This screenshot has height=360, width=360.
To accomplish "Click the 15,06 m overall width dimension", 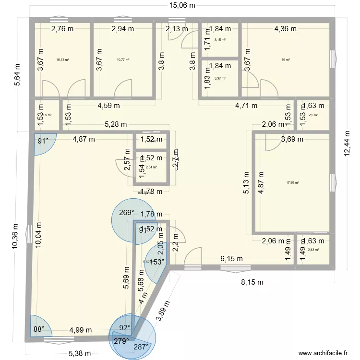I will click(x=181, y=6).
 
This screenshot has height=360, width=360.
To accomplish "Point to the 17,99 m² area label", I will click(x=292, y=182).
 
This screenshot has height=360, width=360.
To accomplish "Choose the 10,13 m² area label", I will click(x=62, y=60).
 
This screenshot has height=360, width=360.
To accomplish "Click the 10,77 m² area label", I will click(x=123, y=60).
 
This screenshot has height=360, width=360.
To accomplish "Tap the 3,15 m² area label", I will click(x=220, y=40).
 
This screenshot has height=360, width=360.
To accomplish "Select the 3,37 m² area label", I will click(x=220, y=78).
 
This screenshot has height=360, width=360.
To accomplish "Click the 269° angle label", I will click(x=126, y=213).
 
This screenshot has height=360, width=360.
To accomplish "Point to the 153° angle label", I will click(x=157, y=262).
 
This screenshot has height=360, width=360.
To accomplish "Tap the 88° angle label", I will click(x=38, y=329).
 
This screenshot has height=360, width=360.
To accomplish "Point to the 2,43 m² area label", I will click(x=313, y=250).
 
